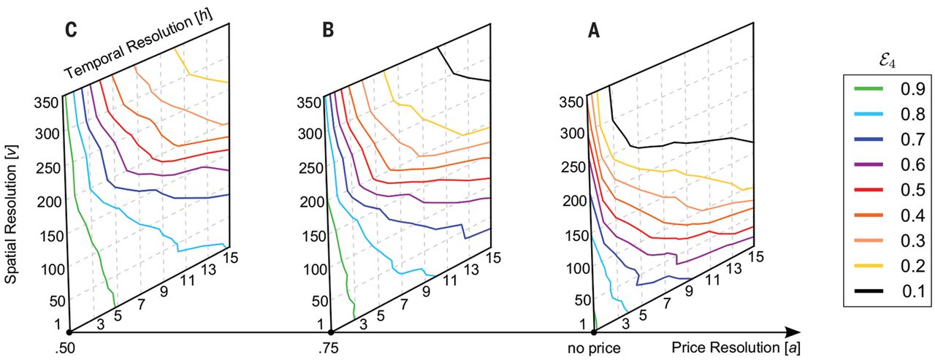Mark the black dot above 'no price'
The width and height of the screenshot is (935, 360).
[x=594, y=332]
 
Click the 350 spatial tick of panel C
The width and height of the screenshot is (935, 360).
[x=46, y=102]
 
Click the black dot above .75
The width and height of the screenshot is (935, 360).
[x=332, y=332]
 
